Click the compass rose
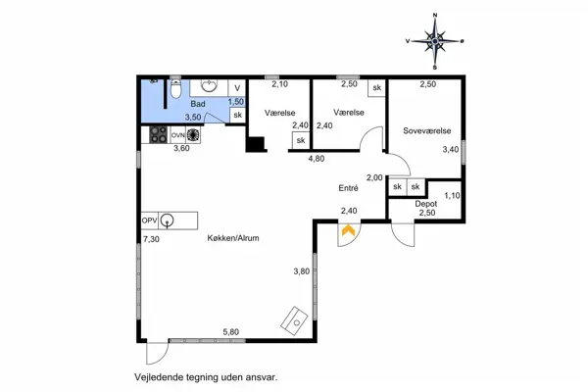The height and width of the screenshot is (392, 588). (434, 39)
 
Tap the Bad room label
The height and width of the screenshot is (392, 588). (197, 103)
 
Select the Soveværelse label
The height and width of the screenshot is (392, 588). (426, 130)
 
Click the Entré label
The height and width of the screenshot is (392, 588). (348, 189)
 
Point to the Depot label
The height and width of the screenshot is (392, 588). (425, 204)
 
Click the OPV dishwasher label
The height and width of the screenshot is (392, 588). (149, 220)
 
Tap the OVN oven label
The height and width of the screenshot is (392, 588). (179, 134)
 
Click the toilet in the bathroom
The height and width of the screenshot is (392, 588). (174, 93)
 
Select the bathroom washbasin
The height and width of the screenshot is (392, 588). (208, 85)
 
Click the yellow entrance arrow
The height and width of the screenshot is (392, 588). (347, 232)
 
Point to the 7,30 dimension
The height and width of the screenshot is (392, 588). (150, 239)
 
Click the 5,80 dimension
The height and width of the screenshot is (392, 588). (231, 332)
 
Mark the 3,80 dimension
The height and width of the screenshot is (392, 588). (302, 271)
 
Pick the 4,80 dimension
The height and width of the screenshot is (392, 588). (316, 159)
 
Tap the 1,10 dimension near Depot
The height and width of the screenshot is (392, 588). (451, 195)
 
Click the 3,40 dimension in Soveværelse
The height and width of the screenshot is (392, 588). (450, 150)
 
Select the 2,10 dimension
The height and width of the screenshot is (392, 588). (278, 86)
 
